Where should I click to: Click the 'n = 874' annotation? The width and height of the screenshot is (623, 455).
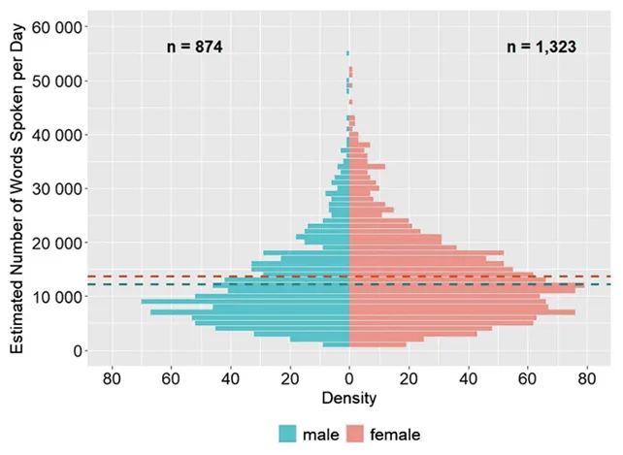click(195, 47)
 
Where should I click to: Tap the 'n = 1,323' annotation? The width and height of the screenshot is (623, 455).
click(541, 47)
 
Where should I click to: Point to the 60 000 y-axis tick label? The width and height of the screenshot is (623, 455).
click(57, 27)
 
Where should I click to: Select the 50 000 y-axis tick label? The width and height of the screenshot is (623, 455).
click(57, 81)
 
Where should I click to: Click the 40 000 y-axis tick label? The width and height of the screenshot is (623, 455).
click(57, 136)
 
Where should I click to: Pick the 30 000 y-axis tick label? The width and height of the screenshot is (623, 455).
click(57, 189)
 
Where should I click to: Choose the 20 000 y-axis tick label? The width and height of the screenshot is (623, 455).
click(57, 244)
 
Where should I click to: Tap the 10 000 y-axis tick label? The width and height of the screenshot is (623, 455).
click(57, 297)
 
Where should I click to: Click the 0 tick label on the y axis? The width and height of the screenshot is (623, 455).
click(78, 351)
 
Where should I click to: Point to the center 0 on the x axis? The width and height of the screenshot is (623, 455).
click(349, 379)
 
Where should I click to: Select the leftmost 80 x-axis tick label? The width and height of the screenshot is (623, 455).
click(112, 379)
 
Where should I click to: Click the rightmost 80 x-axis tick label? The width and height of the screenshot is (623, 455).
click(587, 379)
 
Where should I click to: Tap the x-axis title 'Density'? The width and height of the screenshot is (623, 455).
click(349, 398)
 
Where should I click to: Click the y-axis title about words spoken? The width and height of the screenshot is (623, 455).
click(17, 189)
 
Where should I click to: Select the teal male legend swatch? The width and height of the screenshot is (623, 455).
click(287, 434)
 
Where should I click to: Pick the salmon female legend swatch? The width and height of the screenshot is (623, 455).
click(355, 434)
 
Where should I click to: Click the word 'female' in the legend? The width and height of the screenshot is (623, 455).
click(395, 435)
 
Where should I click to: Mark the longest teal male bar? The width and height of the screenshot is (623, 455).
click(246, 302)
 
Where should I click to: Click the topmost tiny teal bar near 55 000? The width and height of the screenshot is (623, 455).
click(347, 53)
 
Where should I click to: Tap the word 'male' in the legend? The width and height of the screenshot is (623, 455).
click(321, 435)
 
